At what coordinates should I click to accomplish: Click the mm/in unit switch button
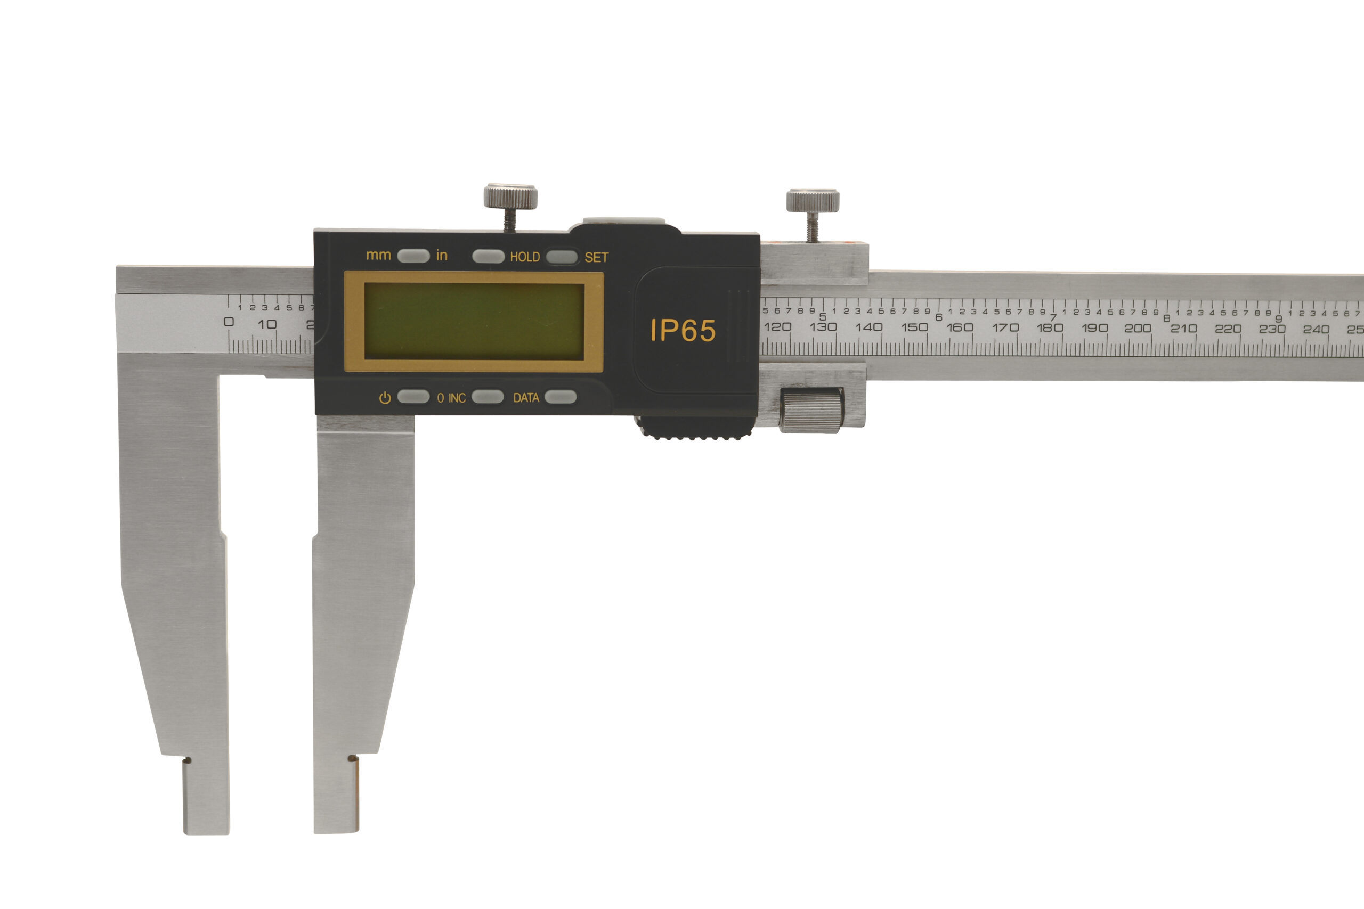[413, 256]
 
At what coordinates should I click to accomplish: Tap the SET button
[562, 257]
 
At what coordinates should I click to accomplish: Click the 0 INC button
[488, 397]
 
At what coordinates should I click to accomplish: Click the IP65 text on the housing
[683, 331]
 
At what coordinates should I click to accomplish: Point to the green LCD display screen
[474, 321]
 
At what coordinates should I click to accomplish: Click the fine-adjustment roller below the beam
[811, 411]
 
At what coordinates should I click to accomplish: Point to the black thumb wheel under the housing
[696, 428]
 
